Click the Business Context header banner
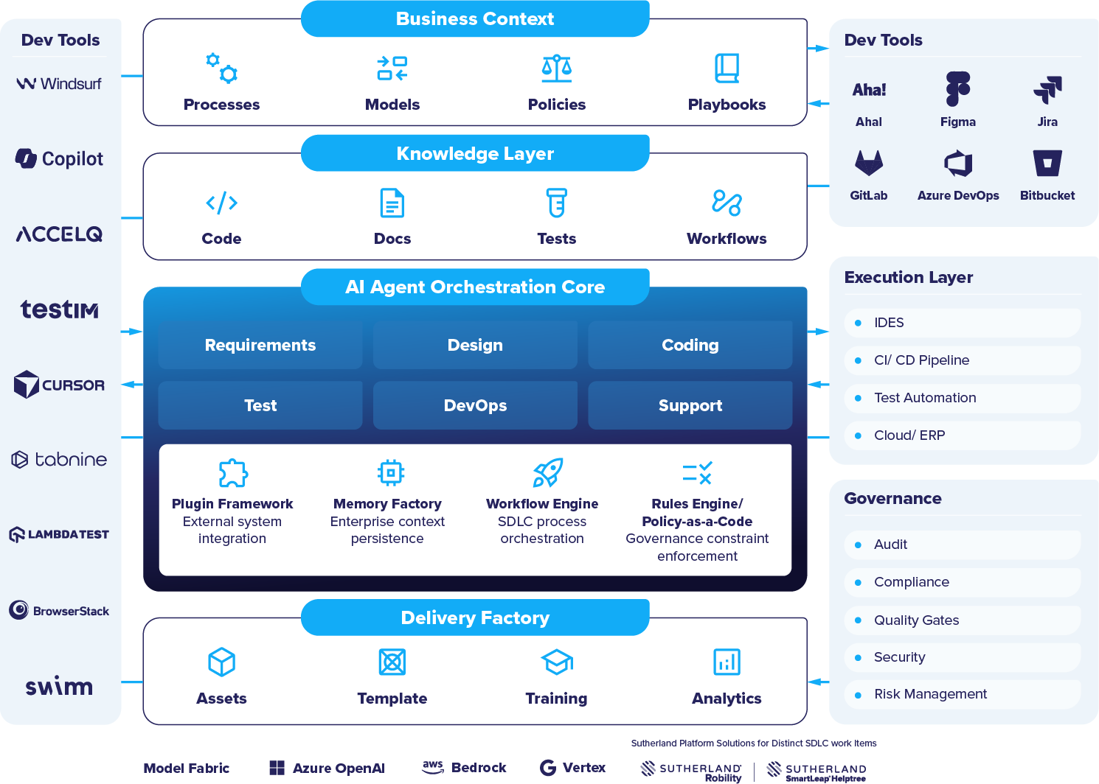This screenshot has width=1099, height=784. pyautogui.click(x=475, y=18)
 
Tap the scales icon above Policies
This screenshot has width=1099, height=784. pyautogui.click(x=556, y=68)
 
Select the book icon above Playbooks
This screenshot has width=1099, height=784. pyautogui.click(x=727, y=68)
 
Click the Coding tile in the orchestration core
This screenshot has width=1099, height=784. pyautogui.click(x=690, y=345)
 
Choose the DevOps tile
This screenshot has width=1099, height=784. pyautogui.click(x=475, y=405)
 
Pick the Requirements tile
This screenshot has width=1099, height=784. pyautogui.click(x=260, y=345)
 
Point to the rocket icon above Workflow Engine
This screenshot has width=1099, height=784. pyautogui.click(x=548, y=473)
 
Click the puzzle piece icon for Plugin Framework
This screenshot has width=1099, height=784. pyautogui.click(x=233, y=473)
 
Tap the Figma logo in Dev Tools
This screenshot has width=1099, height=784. pyautogui.click(x=957, y=88)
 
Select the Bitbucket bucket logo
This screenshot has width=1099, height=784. pyautogui.click(x=1047, y=163)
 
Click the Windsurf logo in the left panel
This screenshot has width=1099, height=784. pyautogui.click(x=59, y=84)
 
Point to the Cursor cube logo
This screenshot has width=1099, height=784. pyautogui.click(x=26, y=385)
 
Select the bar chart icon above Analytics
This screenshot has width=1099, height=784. pyautogui.click(x=727, y=662)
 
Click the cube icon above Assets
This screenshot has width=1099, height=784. pyautogui.click(x=222, y=662)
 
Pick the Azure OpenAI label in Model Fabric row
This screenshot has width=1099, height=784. pyautogui.click(x=339, y=768)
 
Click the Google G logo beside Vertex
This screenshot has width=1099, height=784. pyautogui.click(x=548, y=768)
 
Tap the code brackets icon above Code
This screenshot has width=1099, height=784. pyautogui.click(x=222, y=203)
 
